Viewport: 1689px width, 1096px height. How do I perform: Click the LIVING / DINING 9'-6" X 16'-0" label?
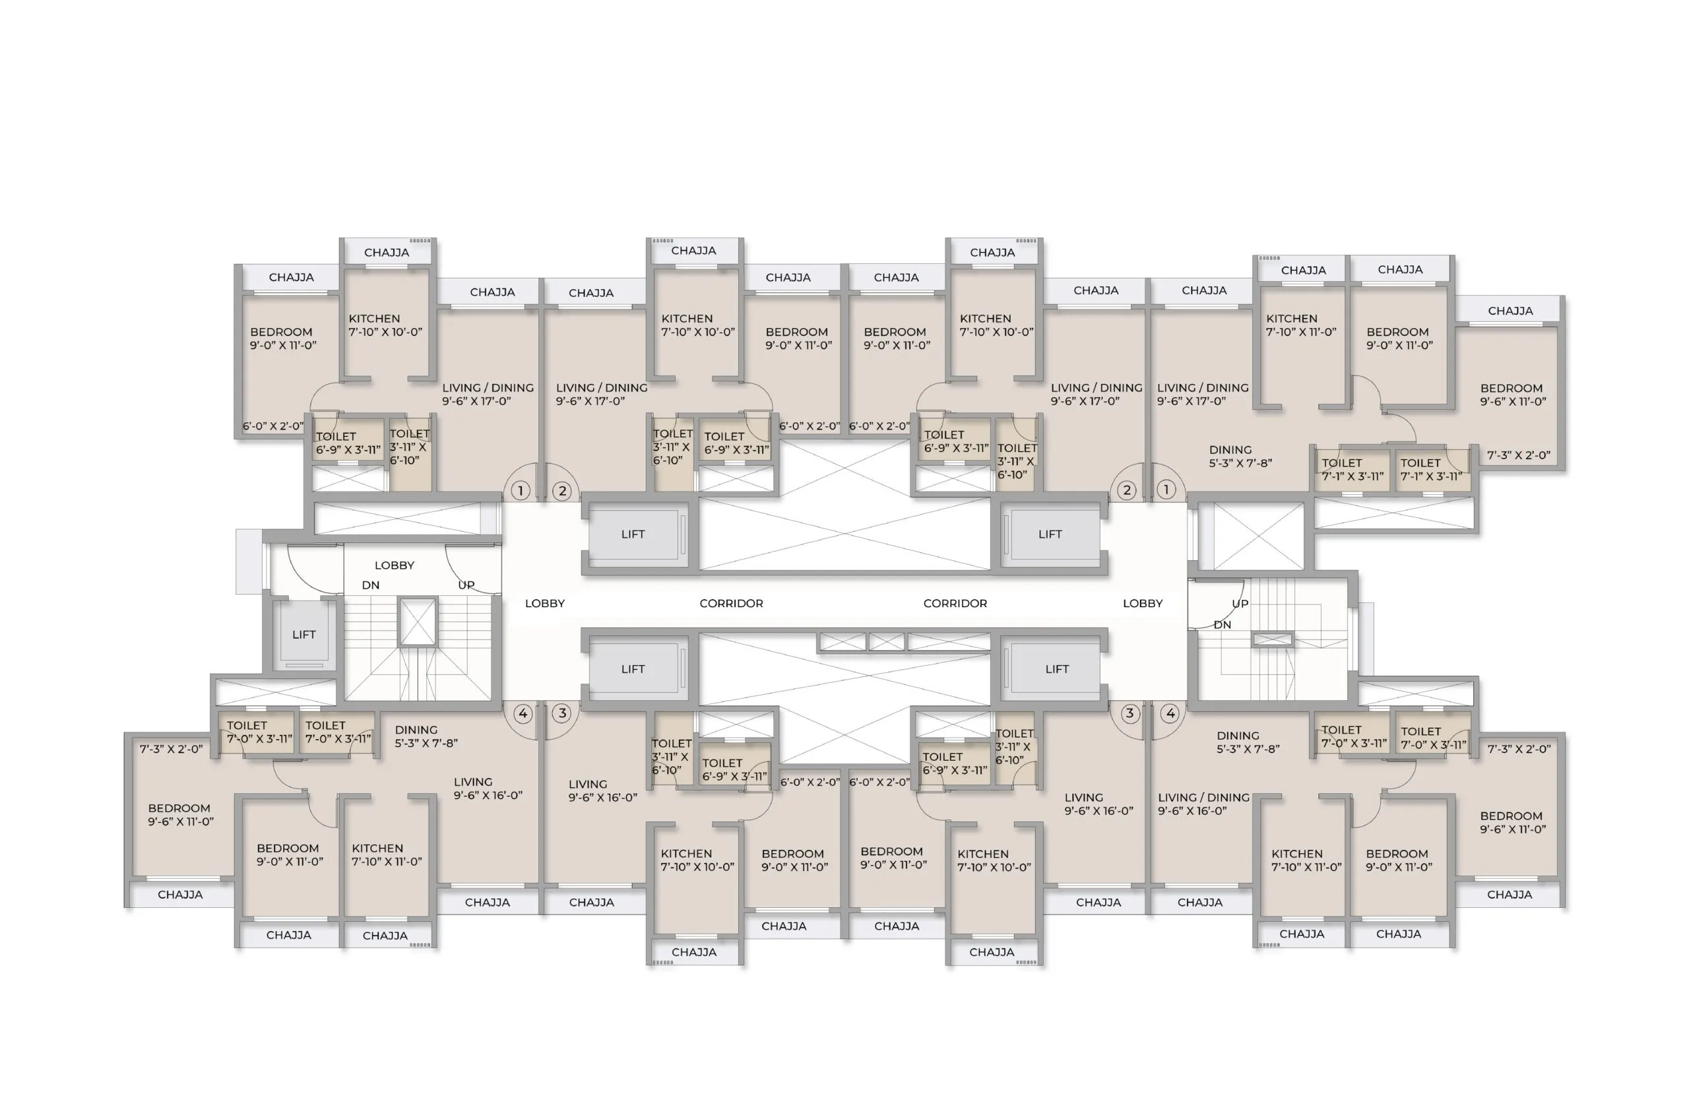[x=1203, y=804]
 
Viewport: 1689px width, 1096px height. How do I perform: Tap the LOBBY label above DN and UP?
[x=394, y=565]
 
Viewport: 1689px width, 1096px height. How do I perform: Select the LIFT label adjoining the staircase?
[x=303, y=635]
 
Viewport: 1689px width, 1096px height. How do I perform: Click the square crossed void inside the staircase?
[x=417, y=622]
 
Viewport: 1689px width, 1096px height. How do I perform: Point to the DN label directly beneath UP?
[x=1222, y=625]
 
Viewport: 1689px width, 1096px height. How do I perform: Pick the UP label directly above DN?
[x=1240, y=603]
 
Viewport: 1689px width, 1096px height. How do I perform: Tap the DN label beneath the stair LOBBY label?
[x=370, y=585]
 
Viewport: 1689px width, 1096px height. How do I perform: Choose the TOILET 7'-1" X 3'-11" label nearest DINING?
[x=1353, y=469]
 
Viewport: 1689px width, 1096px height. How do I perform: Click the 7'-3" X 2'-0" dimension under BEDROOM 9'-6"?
[x=1519, y=455]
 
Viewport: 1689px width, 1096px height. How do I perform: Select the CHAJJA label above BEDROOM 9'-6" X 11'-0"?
[x=1510, y=311]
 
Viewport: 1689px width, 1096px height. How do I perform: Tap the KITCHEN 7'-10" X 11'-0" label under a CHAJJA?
[x=1301, y=325]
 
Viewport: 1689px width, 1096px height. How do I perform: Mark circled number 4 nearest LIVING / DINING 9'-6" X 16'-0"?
[x=1170, y=713]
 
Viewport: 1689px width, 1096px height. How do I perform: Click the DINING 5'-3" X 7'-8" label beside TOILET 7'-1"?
[x=1240, y=456]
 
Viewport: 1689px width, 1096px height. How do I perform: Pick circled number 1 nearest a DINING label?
[x=1166, y=489]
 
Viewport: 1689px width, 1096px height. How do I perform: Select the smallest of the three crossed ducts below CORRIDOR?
[x=886, y=642]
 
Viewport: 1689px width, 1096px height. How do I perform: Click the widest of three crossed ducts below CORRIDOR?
[x=949, y=642]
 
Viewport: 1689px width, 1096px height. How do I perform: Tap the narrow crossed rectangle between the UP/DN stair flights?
[x=1273, y=640]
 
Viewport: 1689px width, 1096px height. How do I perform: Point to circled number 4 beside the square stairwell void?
[x=523, y=713]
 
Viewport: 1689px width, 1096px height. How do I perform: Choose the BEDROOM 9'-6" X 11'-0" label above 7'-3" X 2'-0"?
[x=1513, y=395]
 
